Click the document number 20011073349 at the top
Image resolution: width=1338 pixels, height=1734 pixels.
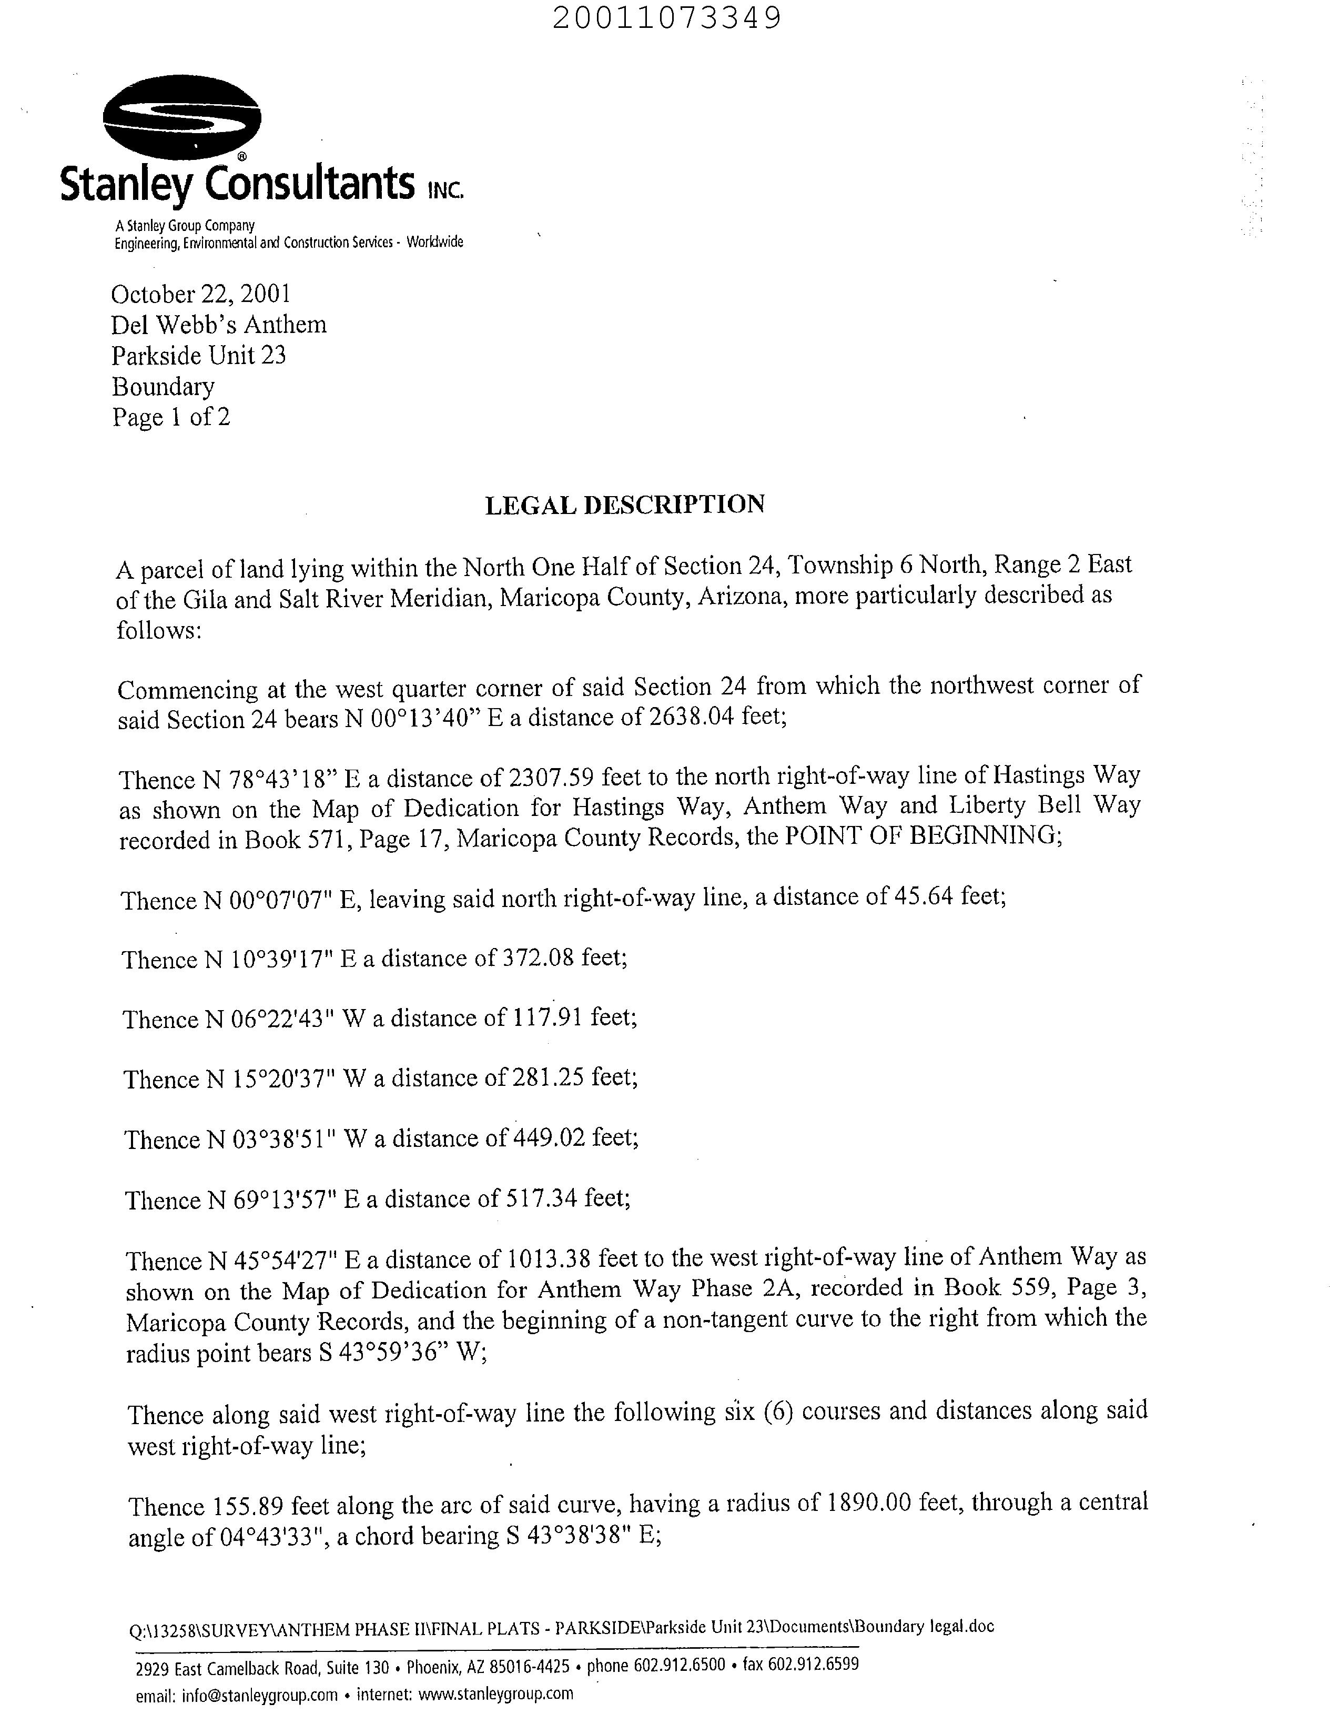[x=666, y=17]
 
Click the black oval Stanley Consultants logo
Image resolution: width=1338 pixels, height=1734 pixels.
[x=182, y=120]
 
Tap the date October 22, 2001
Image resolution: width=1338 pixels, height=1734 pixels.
[x=201, y=295]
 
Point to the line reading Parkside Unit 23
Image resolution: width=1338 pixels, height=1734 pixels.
[x=198, y=355]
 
